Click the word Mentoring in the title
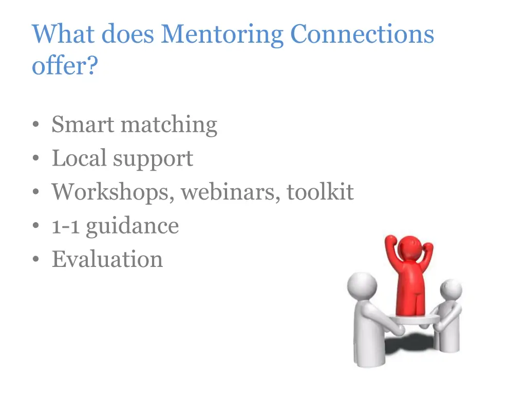click(x=222, y=35)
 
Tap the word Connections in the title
click(x=362, y=35)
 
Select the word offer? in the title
click(x=64, y=66)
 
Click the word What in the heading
click(x=63, y=35)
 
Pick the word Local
click(x=79, y=158)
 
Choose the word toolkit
click(x=320, y=192)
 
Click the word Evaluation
click(x=107, y=259)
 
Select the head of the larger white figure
click(x=362, y=285)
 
